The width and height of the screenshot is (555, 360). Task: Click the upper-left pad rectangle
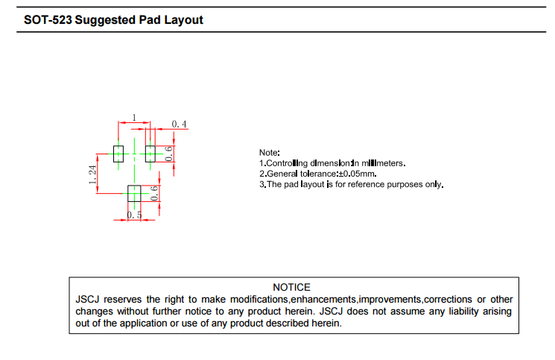click(x=118, y=154)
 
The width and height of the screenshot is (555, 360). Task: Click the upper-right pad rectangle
click(x=150, y=154)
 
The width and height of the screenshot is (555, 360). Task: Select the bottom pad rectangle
click(x=134, y=194)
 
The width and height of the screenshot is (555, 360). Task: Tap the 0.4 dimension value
click(x=180, y=124)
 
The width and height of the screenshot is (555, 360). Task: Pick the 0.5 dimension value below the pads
click(x=135, y=215)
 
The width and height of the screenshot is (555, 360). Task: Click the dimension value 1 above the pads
click(x=134, y=118)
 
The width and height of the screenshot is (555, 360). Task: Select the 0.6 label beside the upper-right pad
click(x=169, y=154)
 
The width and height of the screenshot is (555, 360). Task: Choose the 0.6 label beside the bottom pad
click(x=154, y=194)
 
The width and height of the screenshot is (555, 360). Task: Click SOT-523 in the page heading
click(x=42, y=20)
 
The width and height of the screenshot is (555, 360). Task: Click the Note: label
click(x=269, y=152)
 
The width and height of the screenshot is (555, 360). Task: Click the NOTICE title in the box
click(x=291, y=287)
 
